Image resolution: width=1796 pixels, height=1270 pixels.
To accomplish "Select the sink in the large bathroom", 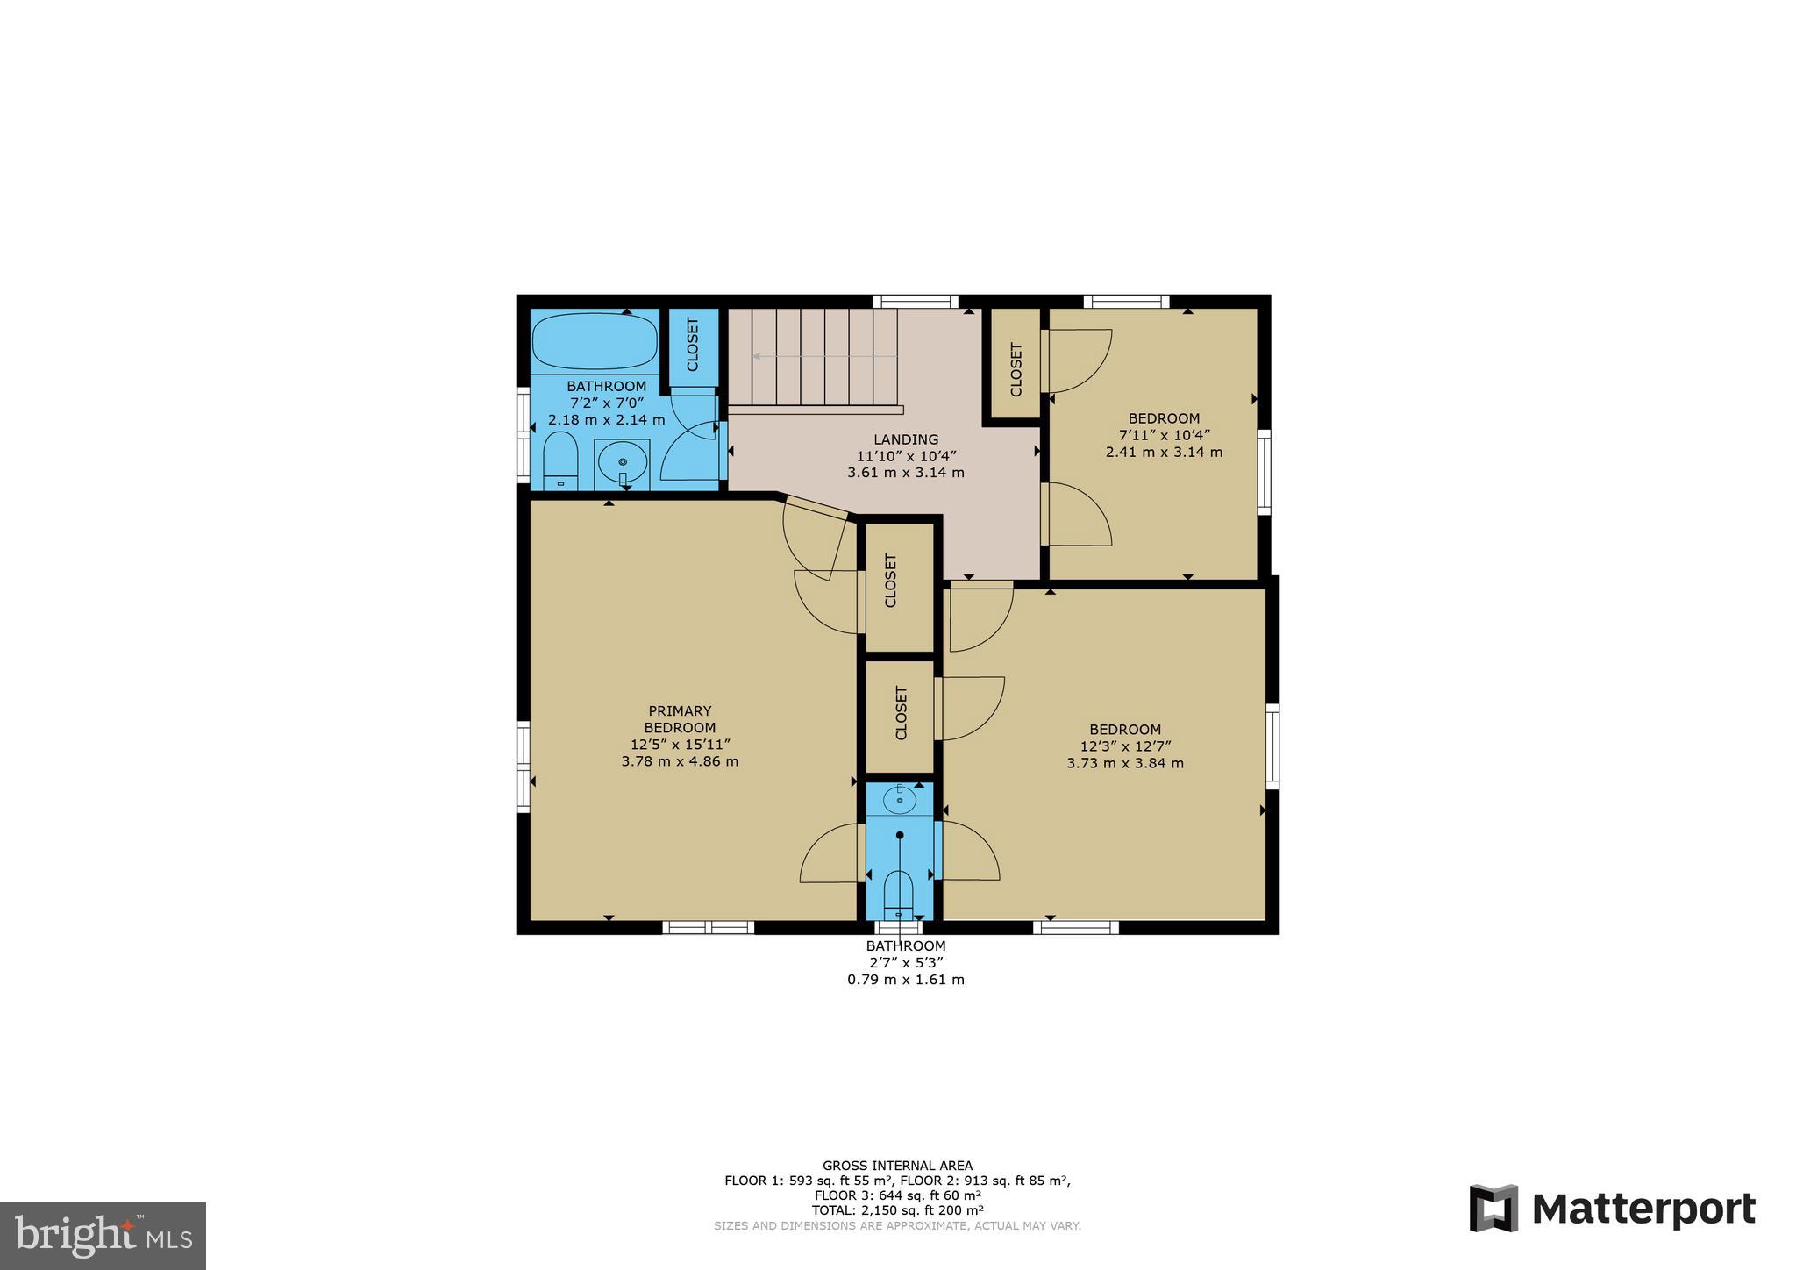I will point(623,462).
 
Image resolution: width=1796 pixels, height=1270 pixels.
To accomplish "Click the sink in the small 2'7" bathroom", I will point(900,798).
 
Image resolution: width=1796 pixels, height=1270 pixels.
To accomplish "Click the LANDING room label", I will point(905,439).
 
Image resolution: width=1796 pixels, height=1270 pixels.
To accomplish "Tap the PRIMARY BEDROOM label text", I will point(680,719).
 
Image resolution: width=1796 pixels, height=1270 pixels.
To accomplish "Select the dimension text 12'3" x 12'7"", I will point(1125,746).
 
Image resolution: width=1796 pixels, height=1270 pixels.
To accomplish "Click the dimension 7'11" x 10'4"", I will point(1164,435).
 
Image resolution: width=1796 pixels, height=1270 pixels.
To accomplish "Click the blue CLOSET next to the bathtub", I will point(692,345).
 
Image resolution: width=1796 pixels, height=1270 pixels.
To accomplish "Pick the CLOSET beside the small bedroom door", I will point(1016,369).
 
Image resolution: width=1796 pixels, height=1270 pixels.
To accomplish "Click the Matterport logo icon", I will point(1493,1208).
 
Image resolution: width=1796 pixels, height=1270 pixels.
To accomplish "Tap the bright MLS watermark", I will point(103,1236).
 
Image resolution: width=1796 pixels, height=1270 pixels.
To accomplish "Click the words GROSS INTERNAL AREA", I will point(897,1166).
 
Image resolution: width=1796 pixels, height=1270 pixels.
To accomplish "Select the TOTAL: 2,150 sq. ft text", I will point(897,1210).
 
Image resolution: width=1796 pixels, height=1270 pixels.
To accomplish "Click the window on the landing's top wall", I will point(915,302).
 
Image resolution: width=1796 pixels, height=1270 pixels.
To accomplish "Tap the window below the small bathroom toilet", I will point(899,927).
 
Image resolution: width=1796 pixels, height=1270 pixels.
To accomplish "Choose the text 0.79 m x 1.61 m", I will point(905,980).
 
